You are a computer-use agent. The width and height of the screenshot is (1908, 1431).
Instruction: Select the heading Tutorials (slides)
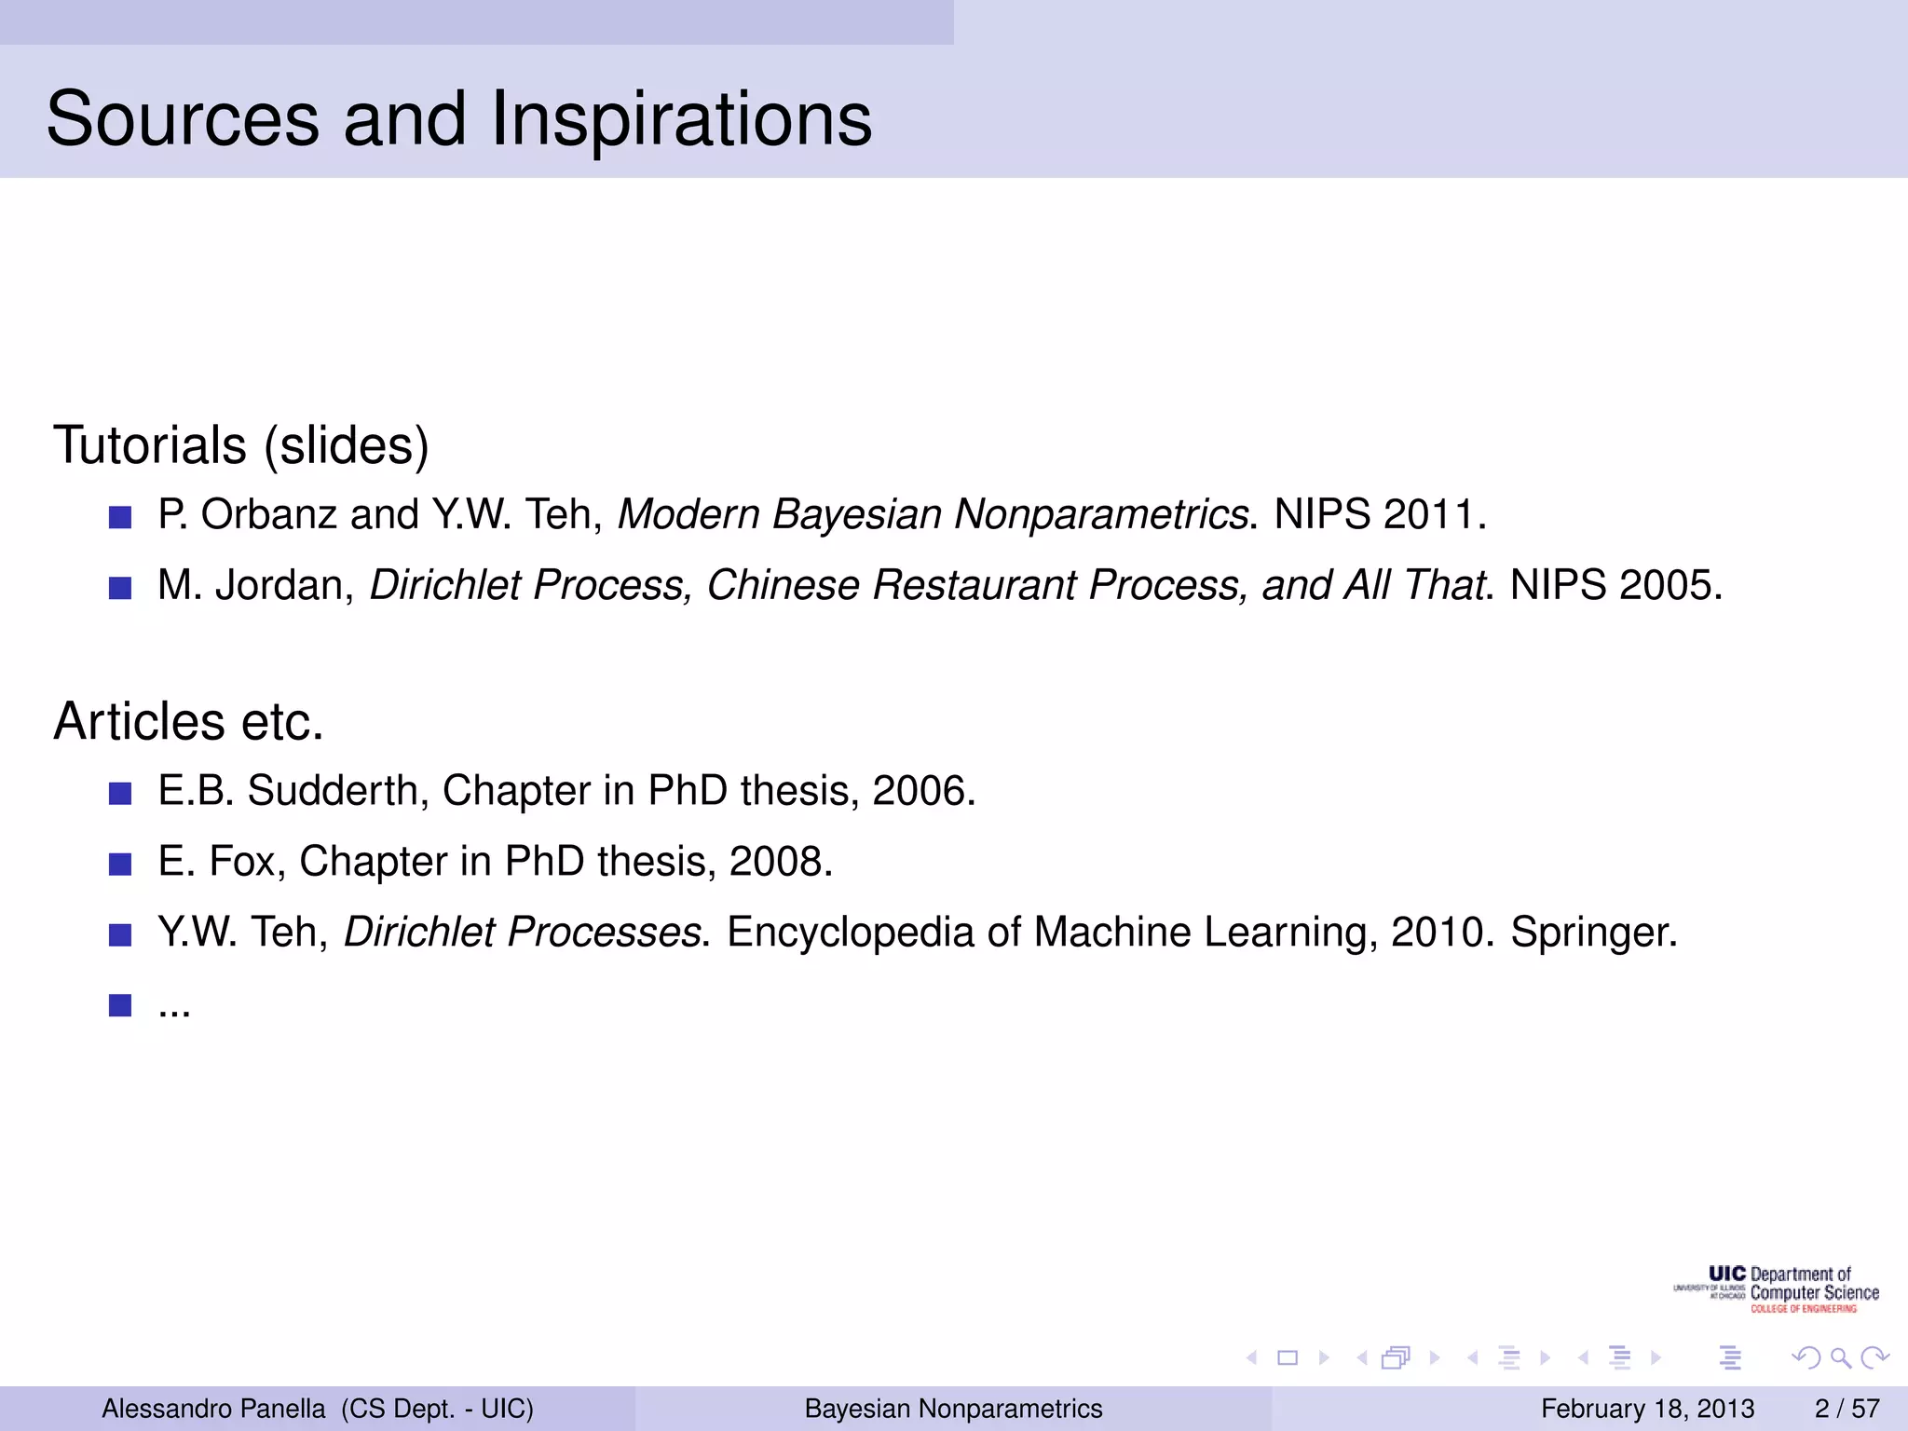coord(241,444)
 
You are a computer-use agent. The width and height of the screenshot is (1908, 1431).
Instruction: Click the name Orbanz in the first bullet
coord(268,514)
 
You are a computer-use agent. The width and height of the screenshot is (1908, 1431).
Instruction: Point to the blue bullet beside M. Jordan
coord(120,588)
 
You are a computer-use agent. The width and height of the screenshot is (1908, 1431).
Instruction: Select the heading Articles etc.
coord(189,721)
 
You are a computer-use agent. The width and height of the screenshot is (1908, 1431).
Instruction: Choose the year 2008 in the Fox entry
coord(779,862)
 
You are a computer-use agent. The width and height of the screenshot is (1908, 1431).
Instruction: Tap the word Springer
coord(1593,933)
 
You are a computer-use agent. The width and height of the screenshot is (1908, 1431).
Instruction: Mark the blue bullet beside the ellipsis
coord(120,1005)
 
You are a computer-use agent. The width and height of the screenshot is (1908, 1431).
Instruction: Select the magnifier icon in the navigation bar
coord(1840,1358)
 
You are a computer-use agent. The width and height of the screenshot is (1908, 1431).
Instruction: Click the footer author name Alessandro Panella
coord(213,1409)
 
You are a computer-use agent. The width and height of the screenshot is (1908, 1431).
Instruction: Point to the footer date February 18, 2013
coord(1647,1409)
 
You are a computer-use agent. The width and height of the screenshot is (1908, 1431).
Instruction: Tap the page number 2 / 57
coord(1847,1409)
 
